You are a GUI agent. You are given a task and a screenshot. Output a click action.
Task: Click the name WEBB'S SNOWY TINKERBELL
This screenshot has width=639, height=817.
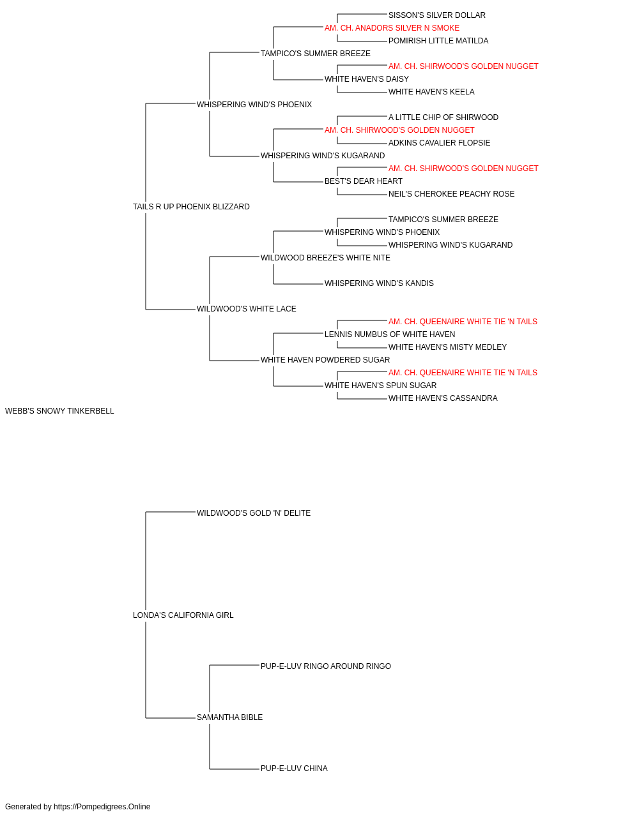pyautogui.click(x=59, y=411)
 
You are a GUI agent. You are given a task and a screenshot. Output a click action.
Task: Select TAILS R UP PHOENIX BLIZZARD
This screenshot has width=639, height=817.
pyautogui.click(x=191, y=207)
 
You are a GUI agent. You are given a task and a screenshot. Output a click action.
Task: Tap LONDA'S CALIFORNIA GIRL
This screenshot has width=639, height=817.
pyautogui.click(x=183, y=615)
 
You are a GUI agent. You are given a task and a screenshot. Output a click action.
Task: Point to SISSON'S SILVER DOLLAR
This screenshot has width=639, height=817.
pyautogui.click(x=437, y=15)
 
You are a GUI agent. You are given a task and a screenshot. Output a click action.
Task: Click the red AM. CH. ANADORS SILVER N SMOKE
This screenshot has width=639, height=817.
pyautogui.click(x=392, y=28)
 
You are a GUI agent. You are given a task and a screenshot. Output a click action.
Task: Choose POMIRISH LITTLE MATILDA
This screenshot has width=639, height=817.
pyautogui.click(x=438, y=41)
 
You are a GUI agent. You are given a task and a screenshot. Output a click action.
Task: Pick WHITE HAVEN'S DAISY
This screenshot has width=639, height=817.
pyautogui.click(x=367, y=79)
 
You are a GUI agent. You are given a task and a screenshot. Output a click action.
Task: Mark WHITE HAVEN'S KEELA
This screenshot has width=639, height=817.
pyautogui.click(x=431, y=92)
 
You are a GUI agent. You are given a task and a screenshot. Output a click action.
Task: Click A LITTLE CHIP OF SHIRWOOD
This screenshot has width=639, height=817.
pyautogui.click(x=443, y=117)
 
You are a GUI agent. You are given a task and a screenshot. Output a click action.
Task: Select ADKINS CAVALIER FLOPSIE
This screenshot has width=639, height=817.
pyautogui.click(x=439, y=143)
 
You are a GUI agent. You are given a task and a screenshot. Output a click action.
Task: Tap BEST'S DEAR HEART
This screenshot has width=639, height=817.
pyautogui.click(x=364, y=182)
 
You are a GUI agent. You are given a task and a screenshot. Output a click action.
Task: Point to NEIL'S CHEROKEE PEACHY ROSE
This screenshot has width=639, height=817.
pyautogui.click(x=451, y=195)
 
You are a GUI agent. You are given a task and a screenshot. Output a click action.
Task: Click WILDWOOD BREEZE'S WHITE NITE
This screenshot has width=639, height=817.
pyautogui.click(x=325, y=258)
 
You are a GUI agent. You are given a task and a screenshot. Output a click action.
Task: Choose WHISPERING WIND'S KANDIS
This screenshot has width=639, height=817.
pyautogui.click(x=379, y=283)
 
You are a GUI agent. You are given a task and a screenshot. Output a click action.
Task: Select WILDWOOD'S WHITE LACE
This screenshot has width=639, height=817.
pyautogui.click(x=247, y=309)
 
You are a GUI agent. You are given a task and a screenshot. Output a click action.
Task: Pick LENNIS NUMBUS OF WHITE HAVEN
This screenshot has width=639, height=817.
pyautogui.click(x=390, y=334)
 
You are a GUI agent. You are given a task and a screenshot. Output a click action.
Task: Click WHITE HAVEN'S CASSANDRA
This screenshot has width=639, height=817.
pyautogui.click(x=443, y=398)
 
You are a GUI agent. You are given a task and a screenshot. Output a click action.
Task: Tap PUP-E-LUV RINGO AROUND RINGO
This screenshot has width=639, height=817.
pyautogui.click(x=326, y=666)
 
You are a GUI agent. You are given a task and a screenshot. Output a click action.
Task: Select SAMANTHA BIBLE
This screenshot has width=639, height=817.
pyautogui.click(x=229, y=717)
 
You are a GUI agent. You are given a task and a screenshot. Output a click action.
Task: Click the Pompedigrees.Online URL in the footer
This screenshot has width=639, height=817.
pyautogui.click(x=102, y=807)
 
